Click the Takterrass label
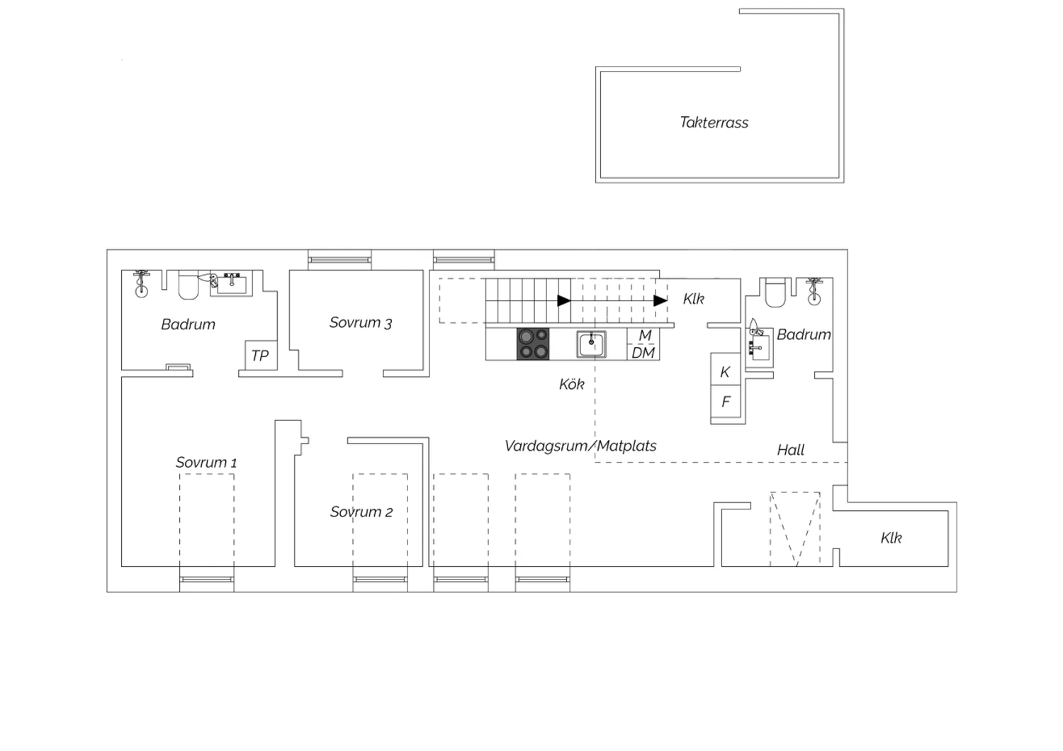pyautogui.click(x=714, y=123)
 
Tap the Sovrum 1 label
pyautogui.click(x=206, y=462)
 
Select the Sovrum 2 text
pyautogui.click(x=361, y=512)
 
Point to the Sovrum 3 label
pyautogui.click(x=361, y=322)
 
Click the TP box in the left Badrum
pyautogui.click(x=261, y=355)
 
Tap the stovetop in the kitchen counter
pyautogui.click(x=533, y=344)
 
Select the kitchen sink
pyautogui.click(x=591, y=344)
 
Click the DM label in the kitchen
pyautogui.click(x=643, y=353)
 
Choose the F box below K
pyautogui.click(x=725, y=401)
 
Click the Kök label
pyautogui.click(x=571, y=384)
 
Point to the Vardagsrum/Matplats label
pyautogui.click(x=580, y=446)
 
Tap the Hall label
pyautogui.click(x=791, y=450)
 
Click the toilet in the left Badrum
pyautogui.click(x=189, y=285)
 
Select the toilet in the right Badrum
pyautogui.click(x=775, y=293)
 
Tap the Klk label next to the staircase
pyautogui.click(x=693, y=299)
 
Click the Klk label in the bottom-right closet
pyautogui.click(x=891, y=538)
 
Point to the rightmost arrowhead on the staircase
pyautogui.click(x=660, y=300)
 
